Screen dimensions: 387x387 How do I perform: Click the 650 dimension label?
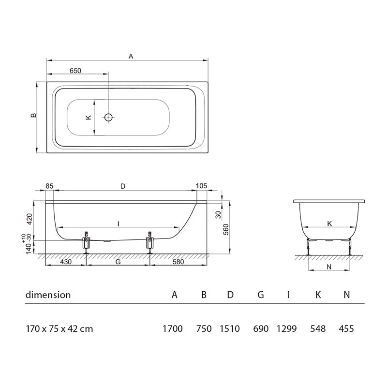click(x=75, y=70)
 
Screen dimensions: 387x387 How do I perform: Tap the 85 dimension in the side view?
click(x=49, y=186)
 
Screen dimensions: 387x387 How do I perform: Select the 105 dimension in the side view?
click(x=202, y=186)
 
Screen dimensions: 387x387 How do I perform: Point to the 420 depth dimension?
click(x=30, y=220)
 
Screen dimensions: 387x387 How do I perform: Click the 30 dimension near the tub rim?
click(x=218, y=214)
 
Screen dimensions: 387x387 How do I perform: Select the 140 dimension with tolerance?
click(x=30, y=248)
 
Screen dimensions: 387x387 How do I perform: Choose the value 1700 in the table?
click(x=173, y=329)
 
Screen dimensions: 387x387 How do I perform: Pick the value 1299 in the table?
click(x=288, y=329)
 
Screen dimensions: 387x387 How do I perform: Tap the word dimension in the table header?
click(x=48, y=295)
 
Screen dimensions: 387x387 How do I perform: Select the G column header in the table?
click(x=260, y=295)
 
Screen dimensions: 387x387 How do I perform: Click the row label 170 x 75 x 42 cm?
click(x=59, y=329)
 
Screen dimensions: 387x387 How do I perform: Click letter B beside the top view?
click(x=32, y=116)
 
